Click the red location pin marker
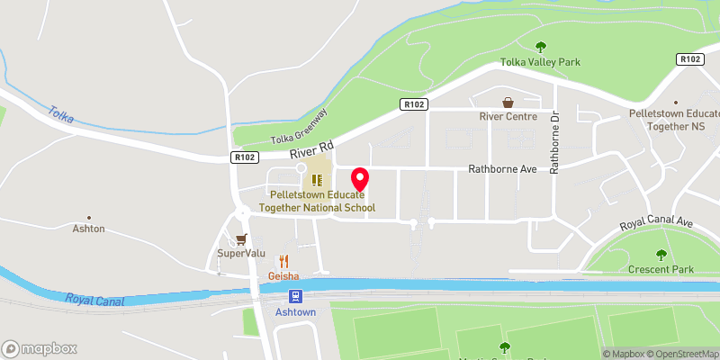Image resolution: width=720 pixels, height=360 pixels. pos(360,179)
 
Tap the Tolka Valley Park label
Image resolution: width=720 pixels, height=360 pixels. pos(540,63)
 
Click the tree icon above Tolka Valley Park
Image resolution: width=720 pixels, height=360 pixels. pos(541,46)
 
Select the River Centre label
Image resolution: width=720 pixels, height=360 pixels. pos(508,116)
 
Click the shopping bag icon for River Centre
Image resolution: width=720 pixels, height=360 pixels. pos(508,103)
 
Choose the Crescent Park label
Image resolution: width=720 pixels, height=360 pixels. pos(662,269)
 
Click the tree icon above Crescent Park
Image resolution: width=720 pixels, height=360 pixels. pos(662,255)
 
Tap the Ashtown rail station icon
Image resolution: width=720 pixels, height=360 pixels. pos(294,296)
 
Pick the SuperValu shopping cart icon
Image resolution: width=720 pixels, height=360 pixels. pos(240,239)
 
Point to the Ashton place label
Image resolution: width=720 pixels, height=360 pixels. pos(89,229)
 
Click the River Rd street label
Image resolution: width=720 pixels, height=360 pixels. pos(312,149)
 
